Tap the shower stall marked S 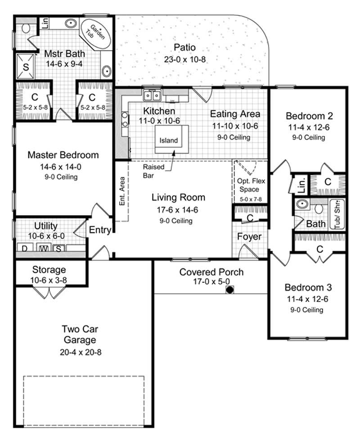(26, 67)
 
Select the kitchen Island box (169, 140)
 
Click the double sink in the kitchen (153, 95)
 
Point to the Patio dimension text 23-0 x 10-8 (185, 59)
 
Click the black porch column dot (229, 290)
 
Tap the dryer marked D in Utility (25, 248)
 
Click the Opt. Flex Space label (248, 185)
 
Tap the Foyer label (249, 236)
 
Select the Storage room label (49, 270)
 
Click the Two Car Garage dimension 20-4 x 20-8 (81, 352)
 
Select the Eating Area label (235, 114)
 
